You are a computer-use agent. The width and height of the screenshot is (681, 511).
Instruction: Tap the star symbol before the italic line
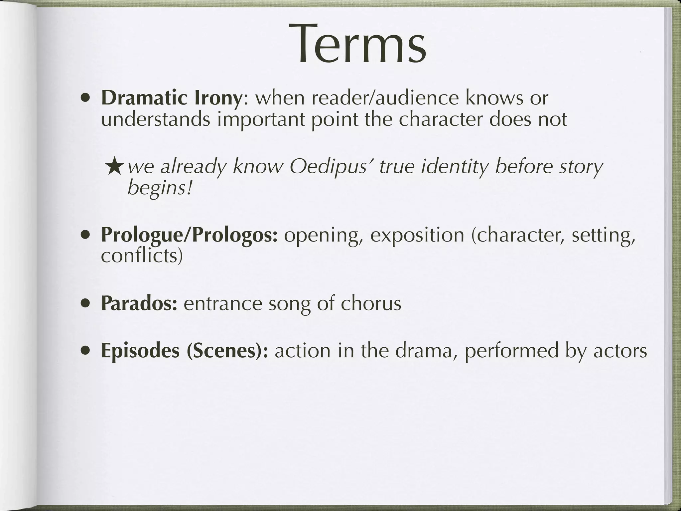pos(115,167)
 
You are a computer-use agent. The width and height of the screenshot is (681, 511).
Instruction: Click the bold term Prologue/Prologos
pos(189,235)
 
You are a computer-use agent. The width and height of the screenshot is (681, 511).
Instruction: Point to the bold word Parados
pos(139,303)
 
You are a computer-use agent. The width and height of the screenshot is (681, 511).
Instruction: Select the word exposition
pos(417,235)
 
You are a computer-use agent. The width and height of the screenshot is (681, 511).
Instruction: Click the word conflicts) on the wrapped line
pos(142,255)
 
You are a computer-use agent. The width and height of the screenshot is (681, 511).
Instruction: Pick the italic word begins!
pos(160,188)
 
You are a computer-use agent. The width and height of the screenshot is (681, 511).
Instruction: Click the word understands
pos(156,119)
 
